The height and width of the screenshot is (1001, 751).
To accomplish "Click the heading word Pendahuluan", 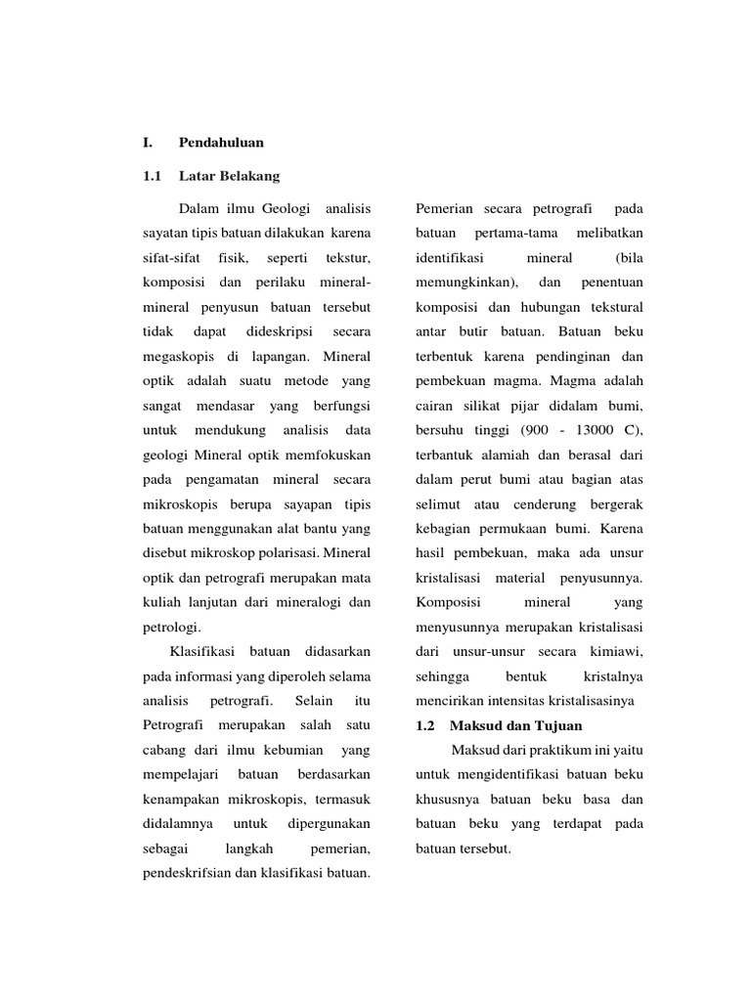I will coord(221,143).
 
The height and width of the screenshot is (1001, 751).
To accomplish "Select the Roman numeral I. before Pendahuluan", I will coord(148,143).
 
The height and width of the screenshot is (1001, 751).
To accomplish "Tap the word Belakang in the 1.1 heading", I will coord(246,176).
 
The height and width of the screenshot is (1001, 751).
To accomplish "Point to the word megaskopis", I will coord(175,357).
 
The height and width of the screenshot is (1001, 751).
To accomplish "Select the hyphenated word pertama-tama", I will coord(516,234).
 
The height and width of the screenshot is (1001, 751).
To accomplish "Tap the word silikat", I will coord(500,406).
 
